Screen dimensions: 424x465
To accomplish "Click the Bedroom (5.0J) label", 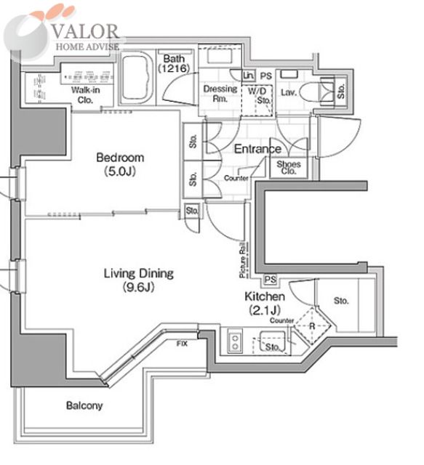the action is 120,164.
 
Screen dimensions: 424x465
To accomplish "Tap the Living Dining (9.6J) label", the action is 139,280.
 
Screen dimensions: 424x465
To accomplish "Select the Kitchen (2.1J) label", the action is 265,303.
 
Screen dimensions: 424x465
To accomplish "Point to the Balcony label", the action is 84,405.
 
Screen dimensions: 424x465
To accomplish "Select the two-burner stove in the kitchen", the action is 235,341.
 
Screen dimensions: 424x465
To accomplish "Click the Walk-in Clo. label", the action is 86,95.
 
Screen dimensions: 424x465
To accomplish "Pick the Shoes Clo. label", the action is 289,168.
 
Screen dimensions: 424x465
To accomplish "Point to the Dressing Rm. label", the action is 220,94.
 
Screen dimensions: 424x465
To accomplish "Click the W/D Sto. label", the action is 259,95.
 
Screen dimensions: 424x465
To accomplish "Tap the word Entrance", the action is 257,149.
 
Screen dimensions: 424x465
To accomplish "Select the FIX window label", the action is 182,344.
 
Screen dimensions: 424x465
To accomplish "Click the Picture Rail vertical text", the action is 243,260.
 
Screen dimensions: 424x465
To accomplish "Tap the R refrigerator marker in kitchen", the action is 312,326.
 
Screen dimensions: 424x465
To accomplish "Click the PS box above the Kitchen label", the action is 271,280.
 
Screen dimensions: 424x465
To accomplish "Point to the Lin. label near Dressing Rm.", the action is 249,76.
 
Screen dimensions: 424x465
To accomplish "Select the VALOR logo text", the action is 86,32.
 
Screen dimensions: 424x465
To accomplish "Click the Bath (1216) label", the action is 174,63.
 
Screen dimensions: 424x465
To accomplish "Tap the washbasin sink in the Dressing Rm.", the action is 220,56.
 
